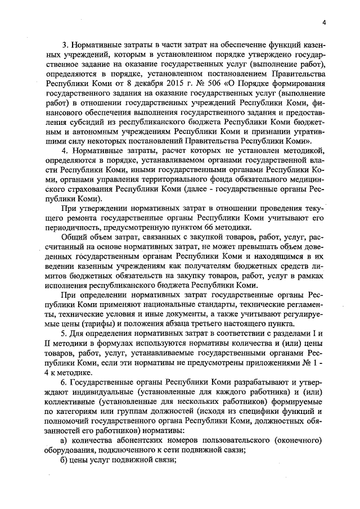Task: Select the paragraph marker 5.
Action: click(x=64, y=335)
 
